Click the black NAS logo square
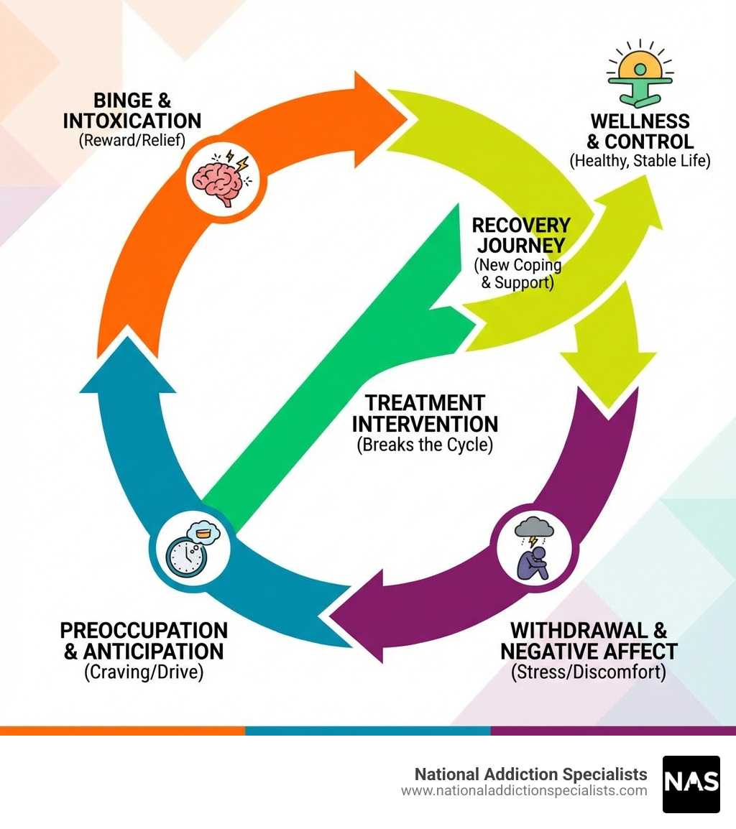[691, 784]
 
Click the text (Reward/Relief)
[132, 140]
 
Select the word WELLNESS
[640, 120]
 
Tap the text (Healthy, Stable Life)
[640, 161]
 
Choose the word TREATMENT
[425, 403]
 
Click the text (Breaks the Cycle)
[425, 445]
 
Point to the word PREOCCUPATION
[144, 630]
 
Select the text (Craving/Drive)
[144, 672]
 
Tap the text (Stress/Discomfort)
[589, 672]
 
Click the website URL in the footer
[524, 791]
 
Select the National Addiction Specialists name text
[530, 774]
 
